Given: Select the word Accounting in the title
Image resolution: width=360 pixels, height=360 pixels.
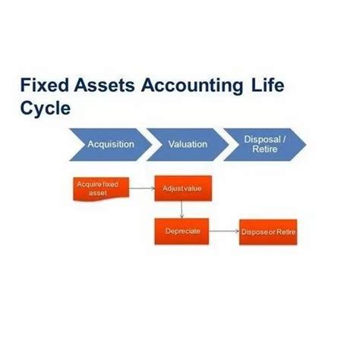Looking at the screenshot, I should point(194,84).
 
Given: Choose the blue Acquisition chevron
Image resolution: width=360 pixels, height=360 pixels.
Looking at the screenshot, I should point(109,144).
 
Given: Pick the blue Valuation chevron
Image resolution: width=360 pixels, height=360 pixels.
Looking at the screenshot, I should point(187,144).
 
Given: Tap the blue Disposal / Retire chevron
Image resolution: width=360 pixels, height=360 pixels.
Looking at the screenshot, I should point(265,144).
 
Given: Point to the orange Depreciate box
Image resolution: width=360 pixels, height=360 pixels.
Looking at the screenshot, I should point(182,231).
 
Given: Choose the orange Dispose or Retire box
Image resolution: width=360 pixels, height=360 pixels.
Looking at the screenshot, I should point(267,232).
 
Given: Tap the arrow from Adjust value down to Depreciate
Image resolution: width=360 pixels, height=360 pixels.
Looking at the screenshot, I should point(182,209).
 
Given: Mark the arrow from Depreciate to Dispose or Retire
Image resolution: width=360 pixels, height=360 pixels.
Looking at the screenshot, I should point(223,231).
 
